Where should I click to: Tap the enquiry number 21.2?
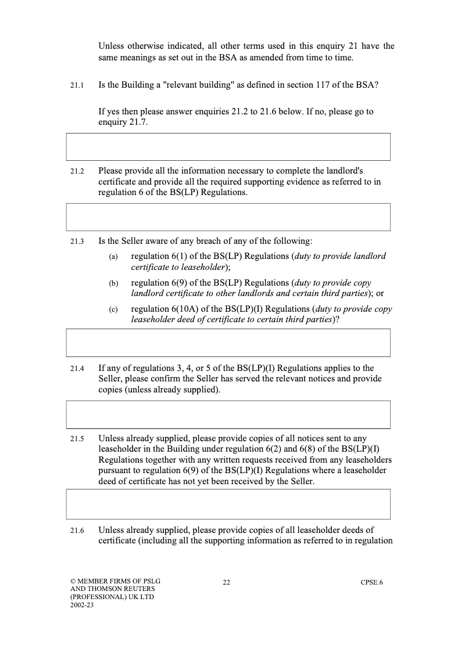tap(77, 172)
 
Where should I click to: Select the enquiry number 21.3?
tap(77, 242)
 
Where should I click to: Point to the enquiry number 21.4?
tap(77, 369)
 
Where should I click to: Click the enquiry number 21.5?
tap(77, 439)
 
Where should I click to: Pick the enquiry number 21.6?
tap(77, 531)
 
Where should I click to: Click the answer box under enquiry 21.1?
tap(228, 147)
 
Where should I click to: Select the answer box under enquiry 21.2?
tap(228, 217)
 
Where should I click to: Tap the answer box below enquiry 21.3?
tap(228, 343)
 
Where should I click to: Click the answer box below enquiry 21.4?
tap(228, 414)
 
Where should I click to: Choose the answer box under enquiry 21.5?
tap(228, 504)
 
